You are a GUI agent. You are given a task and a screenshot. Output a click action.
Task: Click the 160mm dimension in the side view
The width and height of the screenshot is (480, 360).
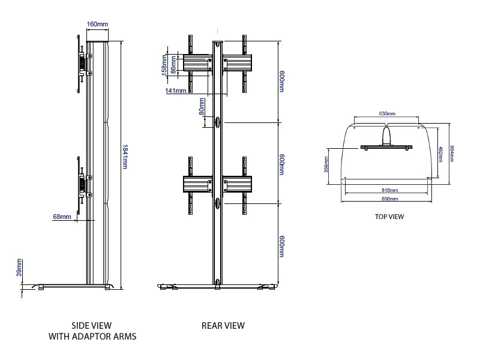[x=97, y=24]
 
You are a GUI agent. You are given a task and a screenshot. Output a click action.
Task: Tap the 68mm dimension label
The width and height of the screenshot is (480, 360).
[x=62, y=217]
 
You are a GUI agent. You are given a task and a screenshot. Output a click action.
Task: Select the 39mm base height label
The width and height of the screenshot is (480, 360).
[x=19, y=268]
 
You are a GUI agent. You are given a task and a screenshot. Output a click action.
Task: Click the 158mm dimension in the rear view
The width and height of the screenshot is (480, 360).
[x=164, y=63]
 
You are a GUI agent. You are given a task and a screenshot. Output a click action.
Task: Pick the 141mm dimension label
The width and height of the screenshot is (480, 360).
[x=176, y=91]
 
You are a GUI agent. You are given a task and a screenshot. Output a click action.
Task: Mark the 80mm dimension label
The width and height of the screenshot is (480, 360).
[x=202, y=107]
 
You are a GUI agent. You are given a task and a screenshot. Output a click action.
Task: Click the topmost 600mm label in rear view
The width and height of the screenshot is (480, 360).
[x=281, y=82]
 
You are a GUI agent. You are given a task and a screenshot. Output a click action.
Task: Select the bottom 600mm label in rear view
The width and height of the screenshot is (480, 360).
[x=281, y=245]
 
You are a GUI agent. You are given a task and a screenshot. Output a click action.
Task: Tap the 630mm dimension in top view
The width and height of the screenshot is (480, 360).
[x=387, y=113]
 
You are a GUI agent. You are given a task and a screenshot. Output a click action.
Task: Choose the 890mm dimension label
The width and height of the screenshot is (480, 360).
[x=389, y=199]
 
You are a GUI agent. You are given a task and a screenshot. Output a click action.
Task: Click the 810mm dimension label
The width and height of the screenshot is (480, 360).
[x=389, y=190]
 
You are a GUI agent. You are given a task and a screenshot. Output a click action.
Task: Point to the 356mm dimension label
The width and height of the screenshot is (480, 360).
[x=326, y=163]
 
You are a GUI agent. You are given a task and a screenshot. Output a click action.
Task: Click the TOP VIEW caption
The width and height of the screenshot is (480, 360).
[x=389, y=217]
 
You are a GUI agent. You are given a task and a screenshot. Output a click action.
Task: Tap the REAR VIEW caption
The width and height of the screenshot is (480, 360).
[x=223, y=326]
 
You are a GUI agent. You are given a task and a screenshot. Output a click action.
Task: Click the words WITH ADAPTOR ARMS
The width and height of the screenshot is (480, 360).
[x=92, y=337]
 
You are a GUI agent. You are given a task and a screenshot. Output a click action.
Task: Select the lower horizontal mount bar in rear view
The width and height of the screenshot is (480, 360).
[x=217, y=185]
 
